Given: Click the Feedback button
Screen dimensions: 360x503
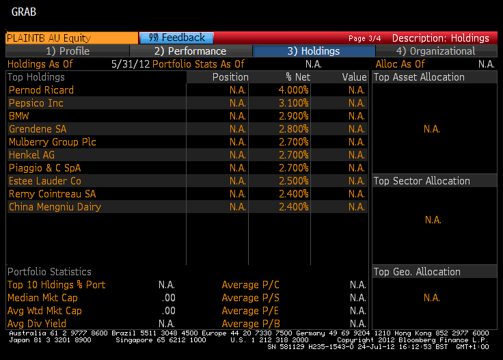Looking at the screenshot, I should (x=176, y=38).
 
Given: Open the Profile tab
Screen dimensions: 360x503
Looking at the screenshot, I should (x=67, y=51).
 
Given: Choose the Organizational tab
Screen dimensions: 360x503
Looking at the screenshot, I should (x=435, y=51).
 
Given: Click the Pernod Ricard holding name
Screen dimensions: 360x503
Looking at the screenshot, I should (x=41, y=90).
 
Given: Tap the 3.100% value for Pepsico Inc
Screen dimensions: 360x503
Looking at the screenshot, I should (x=293, y=103).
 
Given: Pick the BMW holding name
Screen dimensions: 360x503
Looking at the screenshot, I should (x=19, y=116).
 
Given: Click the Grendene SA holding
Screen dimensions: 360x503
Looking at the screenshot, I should (x=38, y=129).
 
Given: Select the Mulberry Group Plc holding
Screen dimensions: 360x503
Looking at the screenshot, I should (x=53, y=142).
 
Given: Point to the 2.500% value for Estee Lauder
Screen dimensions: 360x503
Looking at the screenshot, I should (x=293, y=181).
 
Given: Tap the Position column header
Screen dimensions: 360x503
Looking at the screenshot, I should (x=230, y=77).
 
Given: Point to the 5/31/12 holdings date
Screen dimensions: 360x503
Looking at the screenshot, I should (x=130, y=64).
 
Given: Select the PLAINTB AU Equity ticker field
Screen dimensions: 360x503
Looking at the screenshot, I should (x=48, y=38).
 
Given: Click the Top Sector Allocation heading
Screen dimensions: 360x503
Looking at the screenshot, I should (x=422, y=181).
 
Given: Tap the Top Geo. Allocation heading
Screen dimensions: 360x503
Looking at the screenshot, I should (x=417, y=272).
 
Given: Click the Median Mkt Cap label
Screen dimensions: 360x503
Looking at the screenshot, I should (x=42, y=298).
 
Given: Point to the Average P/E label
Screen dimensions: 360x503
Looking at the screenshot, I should (x=250, y=311).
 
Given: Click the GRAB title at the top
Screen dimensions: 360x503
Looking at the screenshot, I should (x=24, y=12).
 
